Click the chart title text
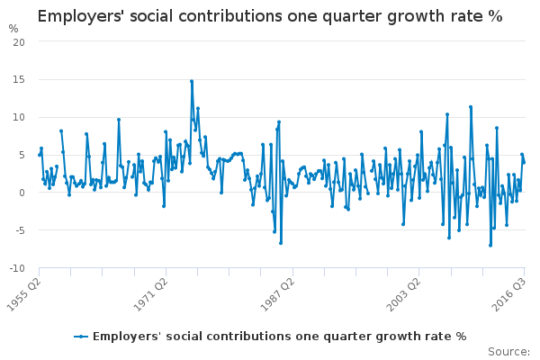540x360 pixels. [270, 16]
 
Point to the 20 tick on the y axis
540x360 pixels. [19, 42]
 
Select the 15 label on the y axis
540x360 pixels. [19, 79]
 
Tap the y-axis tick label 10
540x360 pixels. [19, 117]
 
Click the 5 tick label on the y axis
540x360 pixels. [22, 155]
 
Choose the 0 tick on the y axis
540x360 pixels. [22, 193]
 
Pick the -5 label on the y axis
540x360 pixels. [21, 230]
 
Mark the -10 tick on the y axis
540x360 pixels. [17, 268]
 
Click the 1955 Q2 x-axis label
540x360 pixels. [24, 294]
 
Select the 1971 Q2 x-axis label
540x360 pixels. [151, 294]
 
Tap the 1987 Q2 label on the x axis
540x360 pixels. [277, 294]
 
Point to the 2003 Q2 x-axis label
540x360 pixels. [403, 294]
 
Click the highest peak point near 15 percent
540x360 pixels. [192, 81]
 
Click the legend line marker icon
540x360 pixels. [81, 337]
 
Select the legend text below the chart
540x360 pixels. [279, 337]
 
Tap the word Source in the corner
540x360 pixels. [508, 352]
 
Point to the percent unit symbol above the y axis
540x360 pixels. [13, 29]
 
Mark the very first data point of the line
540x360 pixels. [40, 155]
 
